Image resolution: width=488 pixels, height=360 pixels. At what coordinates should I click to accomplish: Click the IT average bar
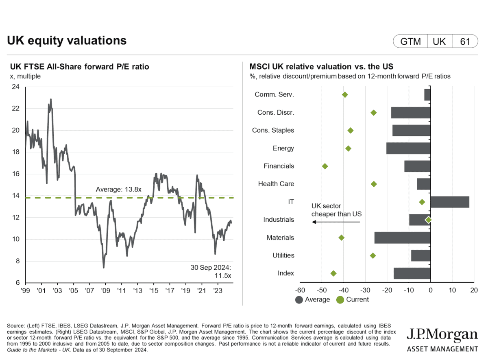(x=450, y=202)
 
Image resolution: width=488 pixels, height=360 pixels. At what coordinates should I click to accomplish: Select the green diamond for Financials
(x=325, y=166)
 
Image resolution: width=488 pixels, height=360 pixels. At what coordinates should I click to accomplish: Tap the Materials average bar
(x=402, y=238)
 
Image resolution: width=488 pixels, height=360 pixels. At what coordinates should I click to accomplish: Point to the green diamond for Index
(x=334, y=273)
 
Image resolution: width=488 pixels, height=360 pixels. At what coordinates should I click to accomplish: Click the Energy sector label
(x=283, y=148)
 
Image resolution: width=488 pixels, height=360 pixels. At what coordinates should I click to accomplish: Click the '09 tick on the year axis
(x=105, y=291)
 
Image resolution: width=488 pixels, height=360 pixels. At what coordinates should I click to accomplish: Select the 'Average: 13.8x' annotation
(x=118, y=190)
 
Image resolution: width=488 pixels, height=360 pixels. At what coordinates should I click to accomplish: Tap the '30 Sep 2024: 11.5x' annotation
(x=211, y=272)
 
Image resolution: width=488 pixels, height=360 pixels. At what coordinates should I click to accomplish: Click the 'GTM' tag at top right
(x=410, y=41)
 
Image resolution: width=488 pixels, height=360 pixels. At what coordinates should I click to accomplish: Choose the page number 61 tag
(x=465, y=41)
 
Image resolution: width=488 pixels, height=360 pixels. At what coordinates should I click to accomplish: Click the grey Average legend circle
(x=299, y=300)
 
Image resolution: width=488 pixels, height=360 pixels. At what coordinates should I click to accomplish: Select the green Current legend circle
(x=340, y=300)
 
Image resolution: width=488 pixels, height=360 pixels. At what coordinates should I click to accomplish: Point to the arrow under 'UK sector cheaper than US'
(x=336, y=222)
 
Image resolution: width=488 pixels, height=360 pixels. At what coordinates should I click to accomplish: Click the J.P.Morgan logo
(x=442, y=340)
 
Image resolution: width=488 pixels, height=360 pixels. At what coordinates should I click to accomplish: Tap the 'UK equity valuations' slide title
(x=67, y=41)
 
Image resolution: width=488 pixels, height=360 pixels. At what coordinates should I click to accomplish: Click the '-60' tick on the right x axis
(x=300, y=290)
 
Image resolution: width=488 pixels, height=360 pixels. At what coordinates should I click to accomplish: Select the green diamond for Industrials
(x=428, y=220)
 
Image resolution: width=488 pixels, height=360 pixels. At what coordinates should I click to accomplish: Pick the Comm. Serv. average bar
(x=427, y=95)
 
